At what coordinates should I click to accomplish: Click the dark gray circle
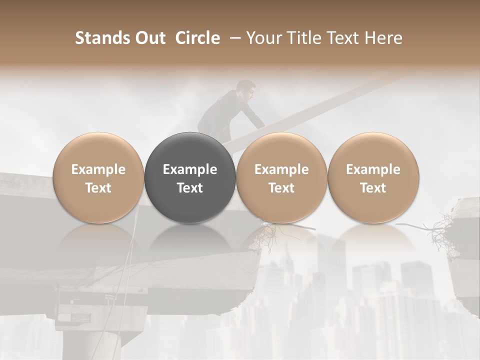(190, 178)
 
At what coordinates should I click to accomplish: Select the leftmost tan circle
(98, 178)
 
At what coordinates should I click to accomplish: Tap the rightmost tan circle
(373, 178)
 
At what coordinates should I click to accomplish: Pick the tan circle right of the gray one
(281, 178)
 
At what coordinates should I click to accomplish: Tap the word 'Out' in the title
(149, 38)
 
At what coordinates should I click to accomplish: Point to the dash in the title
(233, 38)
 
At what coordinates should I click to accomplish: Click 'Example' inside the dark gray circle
(190, 169)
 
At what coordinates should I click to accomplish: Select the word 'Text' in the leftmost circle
(98, 188)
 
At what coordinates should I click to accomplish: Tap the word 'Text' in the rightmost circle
(373, 188)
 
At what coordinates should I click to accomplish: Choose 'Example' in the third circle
(281, 169)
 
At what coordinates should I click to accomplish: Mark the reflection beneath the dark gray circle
(190, 240)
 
